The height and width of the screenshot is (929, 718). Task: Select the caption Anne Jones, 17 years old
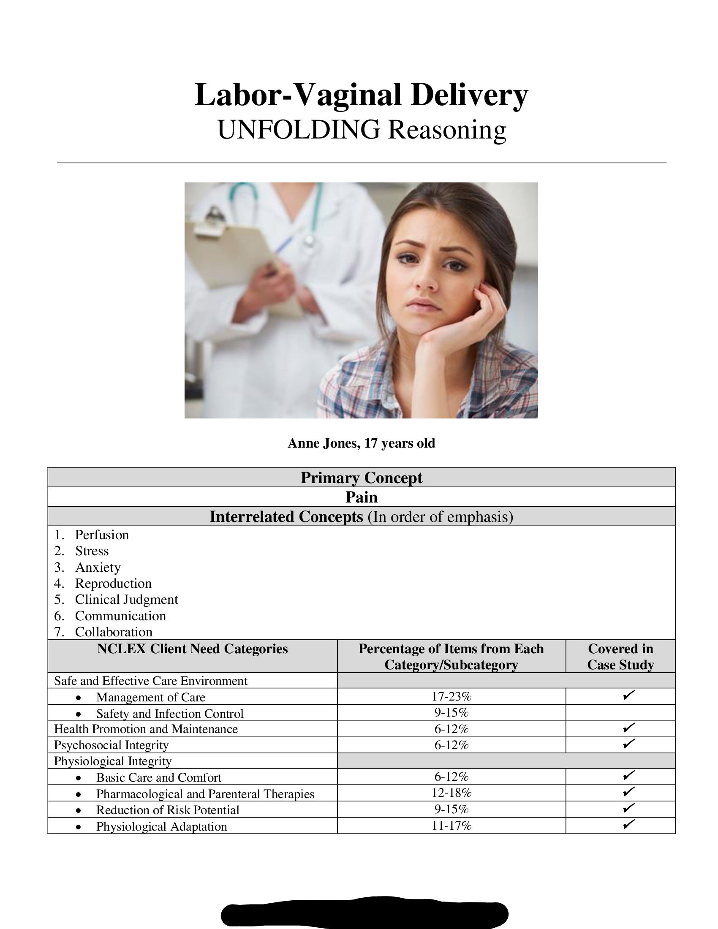pyautogui.click(x=361, y=443)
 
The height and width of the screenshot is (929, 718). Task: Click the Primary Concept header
pyautogui.click(x=361, y=478)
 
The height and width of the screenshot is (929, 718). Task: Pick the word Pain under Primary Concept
pyautogui.click(x=361, y=497)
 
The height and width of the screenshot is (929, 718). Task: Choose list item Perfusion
pyautogui.click(x=102, y=535)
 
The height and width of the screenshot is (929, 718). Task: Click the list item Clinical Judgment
pyautogui.click(x=126, y=599)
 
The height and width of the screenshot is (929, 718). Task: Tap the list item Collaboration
pyautogui.click(x=114, y=632)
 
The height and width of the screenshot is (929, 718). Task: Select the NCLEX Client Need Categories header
pyautogui.click(x=192, y=649)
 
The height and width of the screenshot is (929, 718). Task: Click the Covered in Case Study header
pyautogui.click(x=620, y=656)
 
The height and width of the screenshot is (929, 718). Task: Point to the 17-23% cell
pyautogui.click(x=451, y=696)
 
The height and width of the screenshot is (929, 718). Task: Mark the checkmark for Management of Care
pyautogui.click(x=629, y=695)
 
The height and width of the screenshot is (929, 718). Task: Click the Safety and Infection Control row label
pyautogui.click(x=170, y=713)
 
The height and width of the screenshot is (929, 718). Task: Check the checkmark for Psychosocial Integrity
pyautogui.click(x=629, y=744)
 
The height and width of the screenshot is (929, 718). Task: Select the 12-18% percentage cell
pyautogui.click(x=451, y=793)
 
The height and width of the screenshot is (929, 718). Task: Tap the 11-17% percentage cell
pyautogui.click(x=451, y=826)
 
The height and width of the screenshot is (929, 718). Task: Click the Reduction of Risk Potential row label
pyautogui.click(x=168, y=809)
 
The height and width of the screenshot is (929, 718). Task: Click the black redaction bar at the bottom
pyautogui.click(x=364, y=913)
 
